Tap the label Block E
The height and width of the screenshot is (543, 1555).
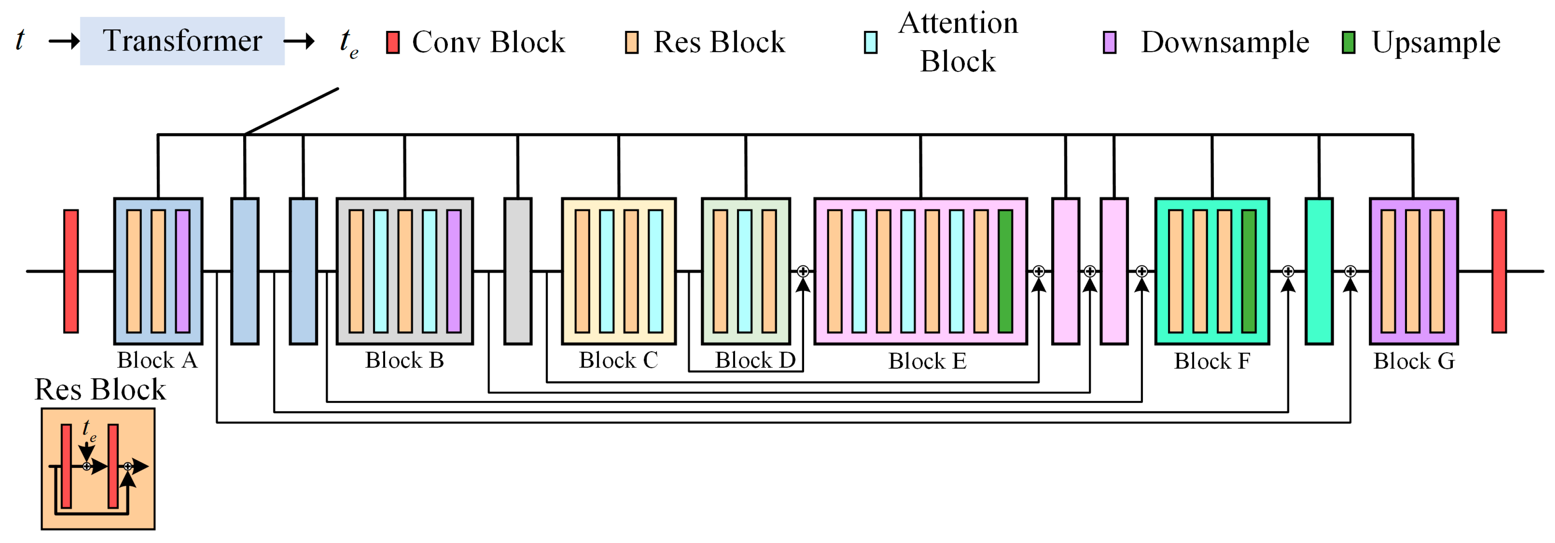[927, 361]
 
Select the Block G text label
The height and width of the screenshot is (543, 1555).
[1414, 361]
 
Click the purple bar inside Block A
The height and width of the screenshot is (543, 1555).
[182, 271]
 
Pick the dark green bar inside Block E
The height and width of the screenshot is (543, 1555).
[1005, 271]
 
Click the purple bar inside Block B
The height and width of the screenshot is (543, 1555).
[454, 271]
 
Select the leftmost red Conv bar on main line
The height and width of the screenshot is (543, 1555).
[71, 271]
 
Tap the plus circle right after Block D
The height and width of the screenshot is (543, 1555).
[803, 271]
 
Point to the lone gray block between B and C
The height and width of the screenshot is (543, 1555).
[518, 271]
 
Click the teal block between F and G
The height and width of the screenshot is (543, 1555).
[1319, 271]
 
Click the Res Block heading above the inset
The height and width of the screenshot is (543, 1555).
[100, 390]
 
